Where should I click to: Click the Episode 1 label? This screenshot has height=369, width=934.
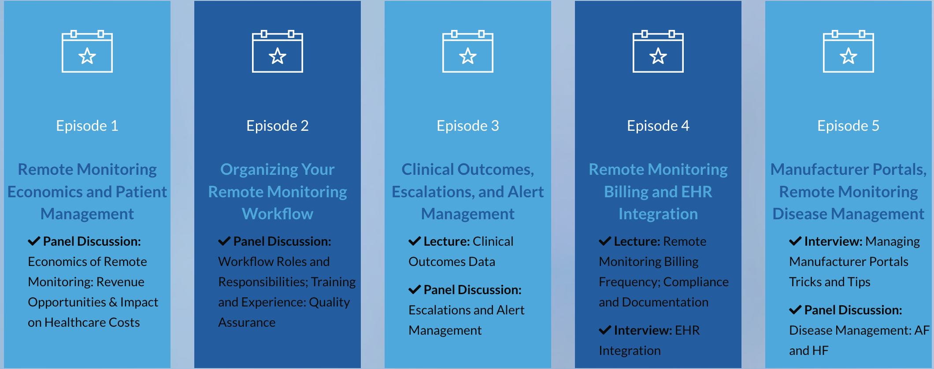pos(87,126)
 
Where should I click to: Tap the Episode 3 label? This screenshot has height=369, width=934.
pos(468,126)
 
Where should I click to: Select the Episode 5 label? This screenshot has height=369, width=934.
pos(849,126)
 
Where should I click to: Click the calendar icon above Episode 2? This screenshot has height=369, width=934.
pos(278,51)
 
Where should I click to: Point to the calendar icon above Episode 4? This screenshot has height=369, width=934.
pos(658,51)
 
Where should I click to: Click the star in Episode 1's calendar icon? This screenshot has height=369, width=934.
pos(87,56)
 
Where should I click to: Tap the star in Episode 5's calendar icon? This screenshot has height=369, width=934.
pos(849,56)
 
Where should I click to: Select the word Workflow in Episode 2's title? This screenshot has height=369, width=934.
pos(278,214)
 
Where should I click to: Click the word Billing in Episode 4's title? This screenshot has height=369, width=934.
pos(626,192)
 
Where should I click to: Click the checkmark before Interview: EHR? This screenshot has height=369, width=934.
pos(605,330)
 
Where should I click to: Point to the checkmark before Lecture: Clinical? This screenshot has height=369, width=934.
pos(415,241)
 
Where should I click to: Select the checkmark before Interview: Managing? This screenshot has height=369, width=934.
pos(795,241)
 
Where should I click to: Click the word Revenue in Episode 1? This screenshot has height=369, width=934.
pos(120,282)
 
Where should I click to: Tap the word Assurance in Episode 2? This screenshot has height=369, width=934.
pos(247,322)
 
